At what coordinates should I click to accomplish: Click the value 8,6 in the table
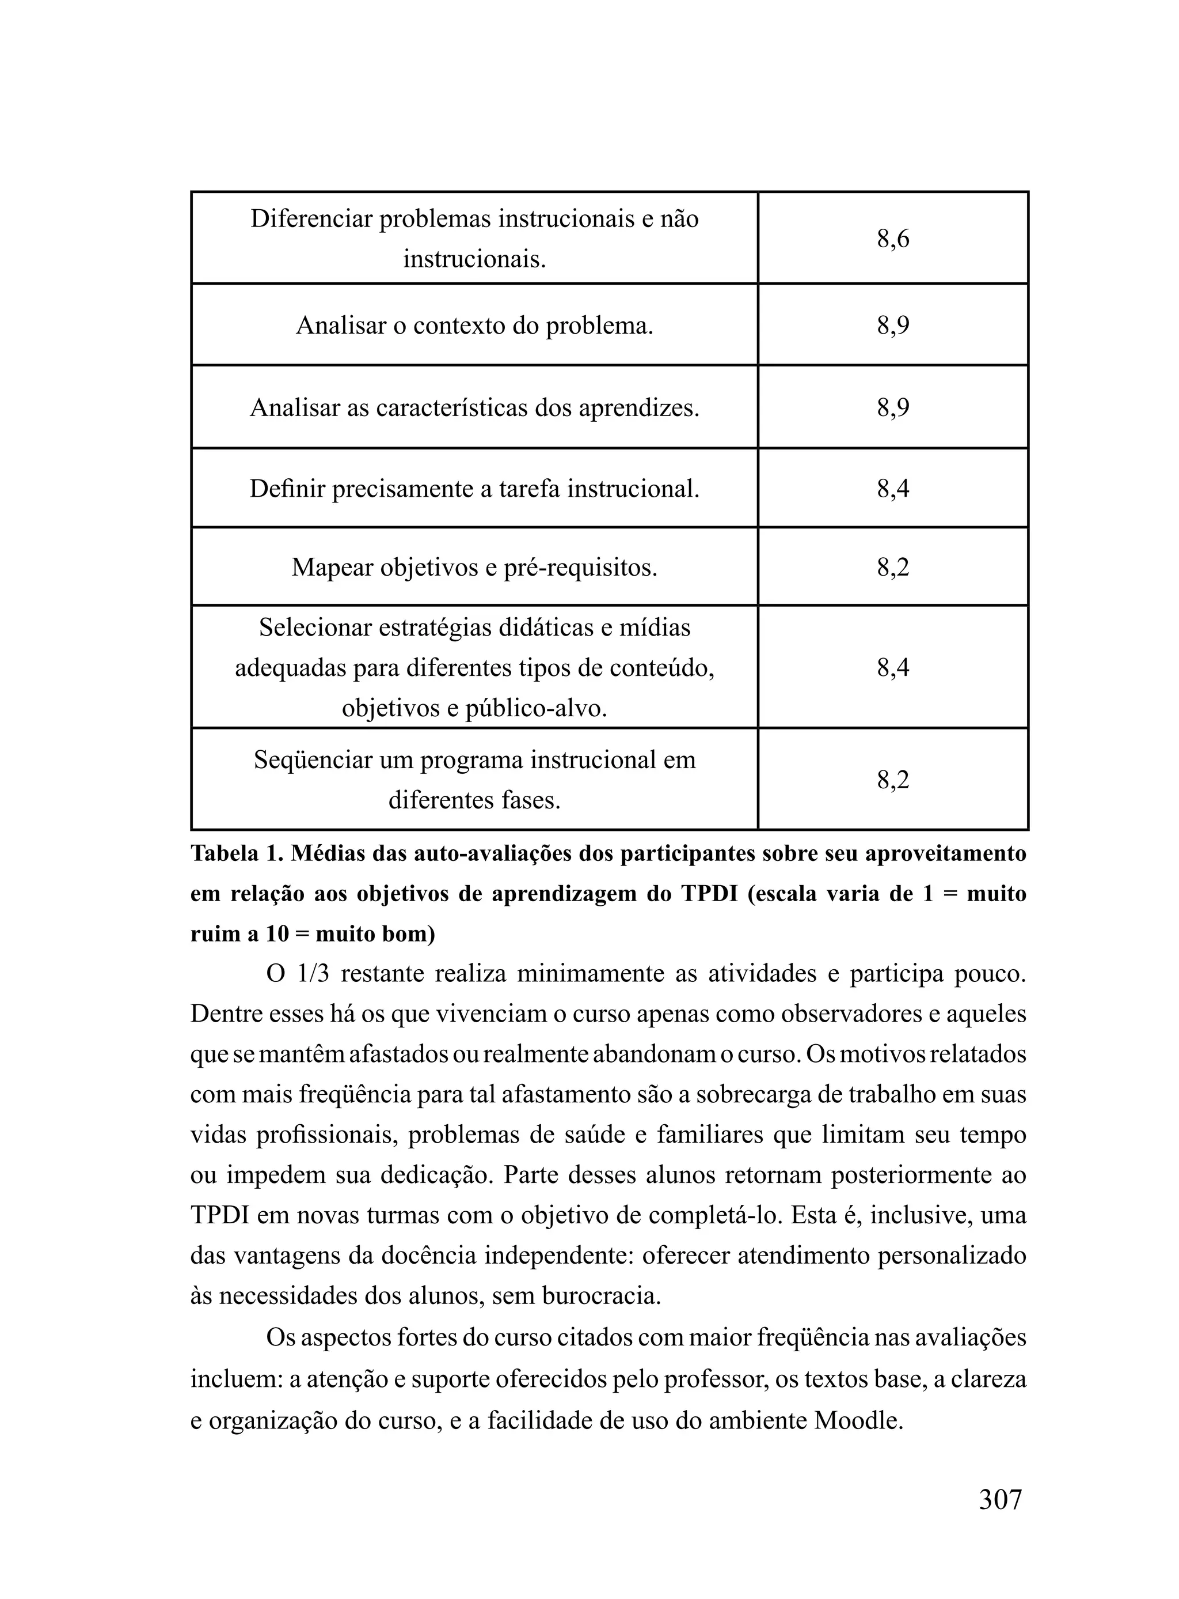893,239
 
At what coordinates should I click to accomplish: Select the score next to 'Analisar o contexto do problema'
893,326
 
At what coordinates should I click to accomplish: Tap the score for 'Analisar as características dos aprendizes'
893,408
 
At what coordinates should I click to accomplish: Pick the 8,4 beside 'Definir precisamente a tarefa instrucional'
893,489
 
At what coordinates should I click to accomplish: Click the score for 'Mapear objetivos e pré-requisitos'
893,568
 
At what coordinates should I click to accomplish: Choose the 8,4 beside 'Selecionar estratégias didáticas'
893,668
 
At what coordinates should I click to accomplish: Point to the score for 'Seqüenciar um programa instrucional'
893,780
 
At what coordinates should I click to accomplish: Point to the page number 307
1000,1500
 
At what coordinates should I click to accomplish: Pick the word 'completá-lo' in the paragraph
722,1215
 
